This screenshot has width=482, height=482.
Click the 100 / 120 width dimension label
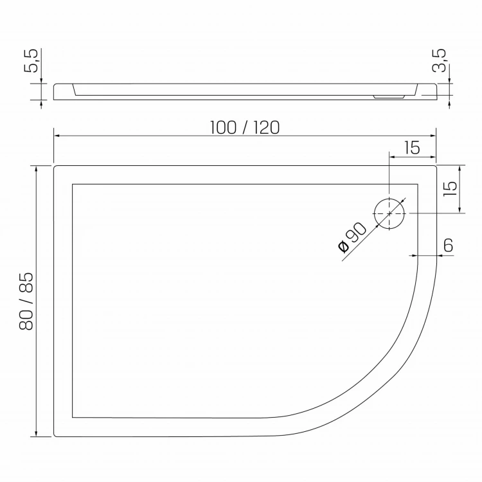[245, 128]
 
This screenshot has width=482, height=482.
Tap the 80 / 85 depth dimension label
[26, 301]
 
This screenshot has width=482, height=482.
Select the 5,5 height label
[31, 60]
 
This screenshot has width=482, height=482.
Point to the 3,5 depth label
[439, 60]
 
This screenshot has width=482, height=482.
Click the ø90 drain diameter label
[352, 237]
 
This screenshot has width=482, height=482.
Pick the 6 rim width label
[449, 245]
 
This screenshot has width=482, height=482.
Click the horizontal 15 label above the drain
[412, 148]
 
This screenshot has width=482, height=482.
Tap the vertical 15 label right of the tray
[451, 189]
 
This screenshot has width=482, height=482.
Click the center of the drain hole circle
[389, 213]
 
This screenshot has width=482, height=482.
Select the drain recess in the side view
[389, 97]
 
